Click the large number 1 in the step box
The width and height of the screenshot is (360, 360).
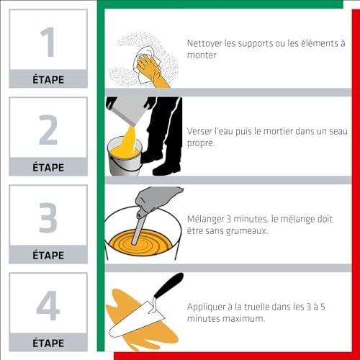pos(48,42)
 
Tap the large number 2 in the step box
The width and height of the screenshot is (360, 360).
pos(48,130)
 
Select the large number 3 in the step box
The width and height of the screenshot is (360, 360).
pos(48,217)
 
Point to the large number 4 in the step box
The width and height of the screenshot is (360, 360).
pos(48,305)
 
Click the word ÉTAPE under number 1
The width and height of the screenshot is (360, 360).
pos(48,79)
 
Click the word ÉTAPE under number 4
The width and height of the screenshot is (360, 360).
pos(48,343)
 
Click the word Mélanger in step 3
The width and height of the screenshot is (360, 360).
pos(206,220)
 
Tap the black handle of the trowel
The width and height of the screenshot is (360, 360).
pos(168,285)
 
